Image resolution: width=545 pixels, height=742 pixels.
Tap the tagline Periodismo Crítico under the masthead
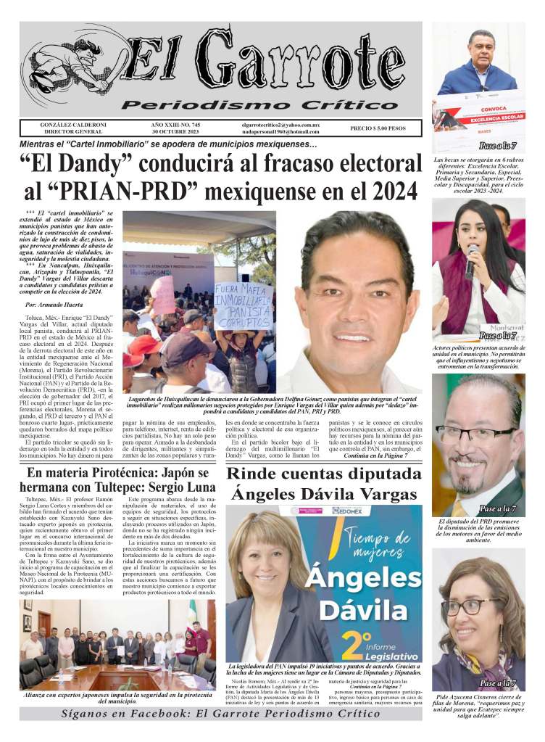tap(254, 106)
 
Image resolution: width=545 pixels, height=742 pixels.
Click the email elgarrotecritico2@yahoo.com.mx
tap(281, 125)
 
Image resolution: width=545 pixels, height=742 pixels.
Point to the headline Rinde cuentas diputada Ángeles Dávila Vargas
tap(323, 484)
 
